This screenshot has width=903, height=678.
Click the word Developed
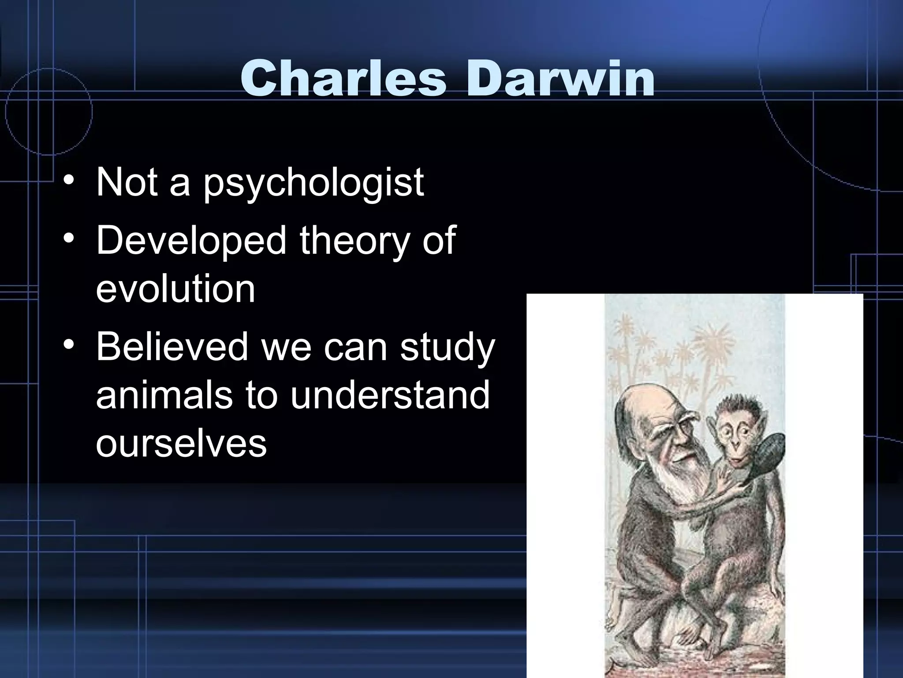coord(191,241)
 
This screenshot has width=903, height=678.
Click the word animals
coord(164,395)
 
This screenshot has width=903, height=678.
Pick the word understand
coord(390,395)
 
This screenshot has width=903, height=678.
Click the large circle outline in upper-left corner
coord(49,110)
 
